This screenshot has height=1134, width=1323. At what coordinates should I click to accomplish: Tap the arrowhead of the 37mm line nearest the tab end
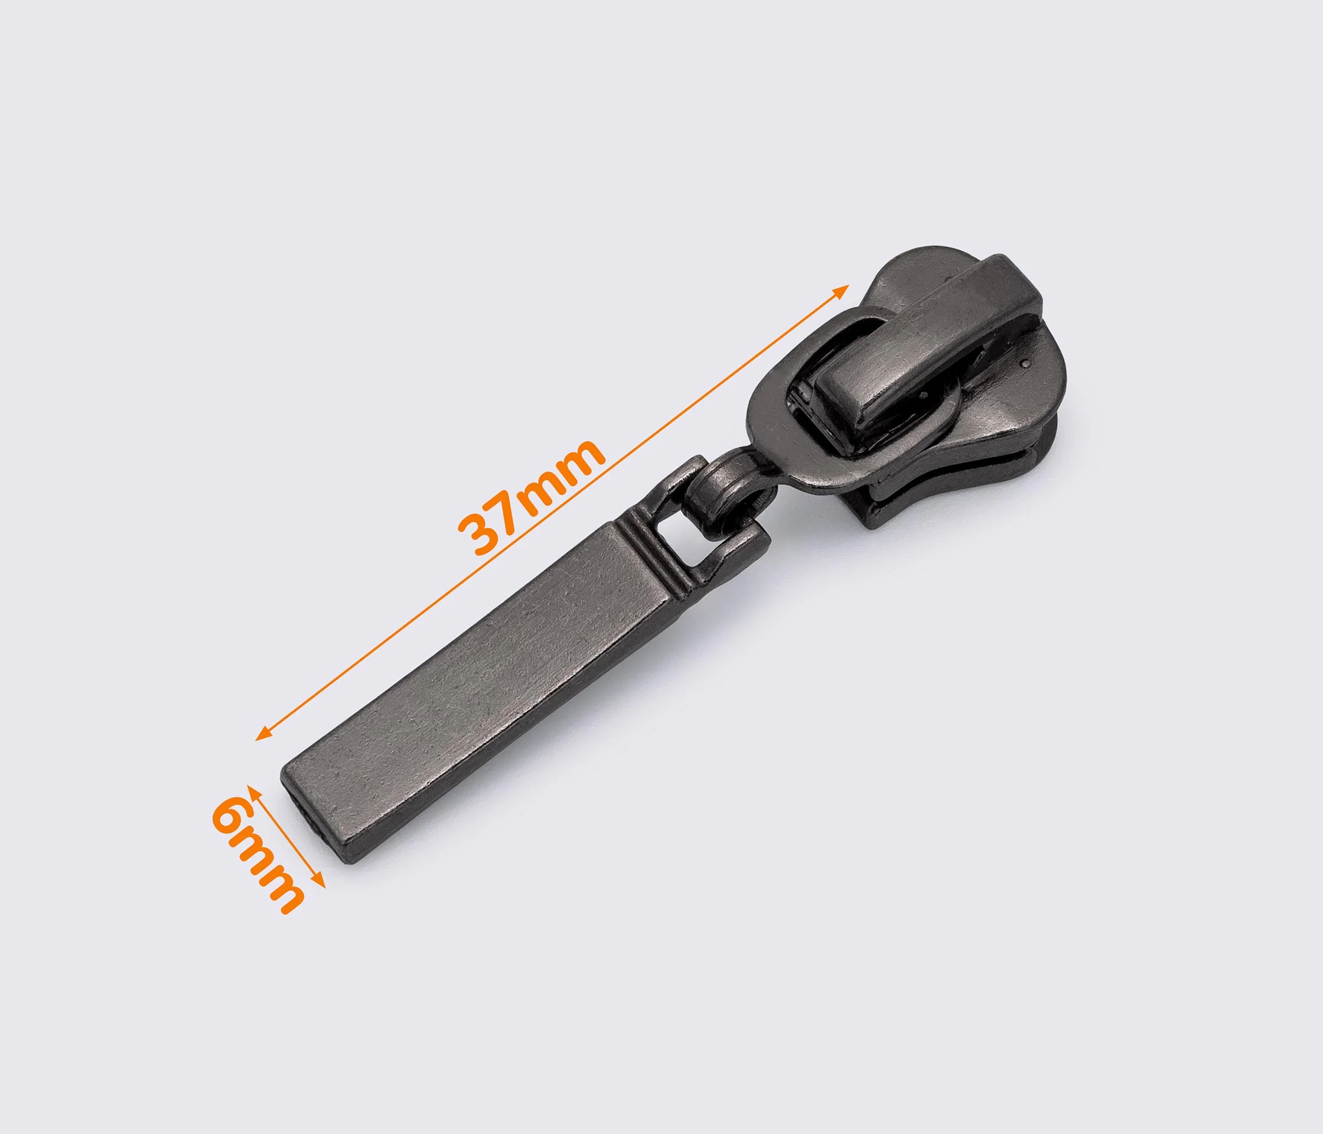pos(263,734)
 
